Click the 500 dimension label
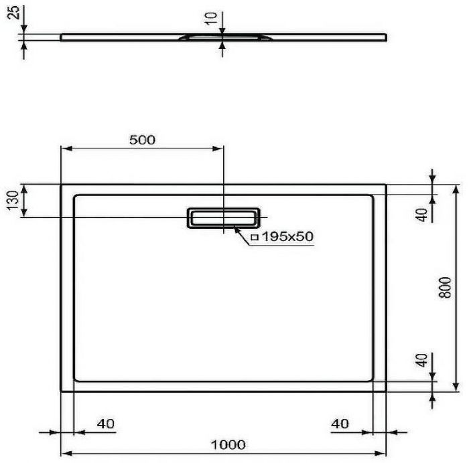point(141,140)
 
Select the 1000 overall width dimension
point(228,444)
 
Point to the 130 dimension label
point(11,200)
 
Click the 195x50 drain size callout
point(288,236)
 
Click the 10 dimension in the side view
point(212,19)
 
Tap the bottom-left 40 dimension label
point(106,423)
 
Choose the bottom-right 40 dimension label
point(340,423)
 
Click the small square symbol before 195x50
point(255,237)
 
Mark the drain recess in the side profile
point(223,37)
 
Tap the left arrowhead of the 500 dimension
point(66,150)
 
